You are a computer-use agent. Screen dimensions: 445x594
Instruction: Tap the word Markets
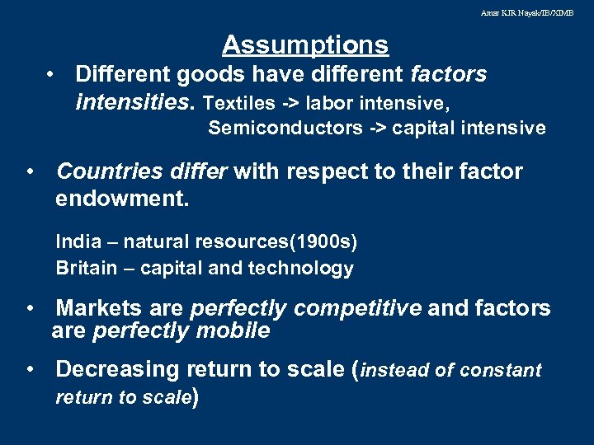(x=99, y=308)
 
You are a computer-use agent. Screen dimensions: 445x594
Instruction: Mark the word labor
(x=329, y=104)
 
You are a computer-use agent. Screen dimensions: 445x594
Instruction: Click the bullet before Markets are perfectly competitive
(x=29, y=308)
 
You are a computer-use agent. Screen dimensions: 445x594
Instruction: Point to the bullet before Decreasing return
(x=29, y=369)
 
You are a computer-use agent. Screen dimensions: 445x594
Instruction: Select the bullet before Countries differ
(x=29, y=171)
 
